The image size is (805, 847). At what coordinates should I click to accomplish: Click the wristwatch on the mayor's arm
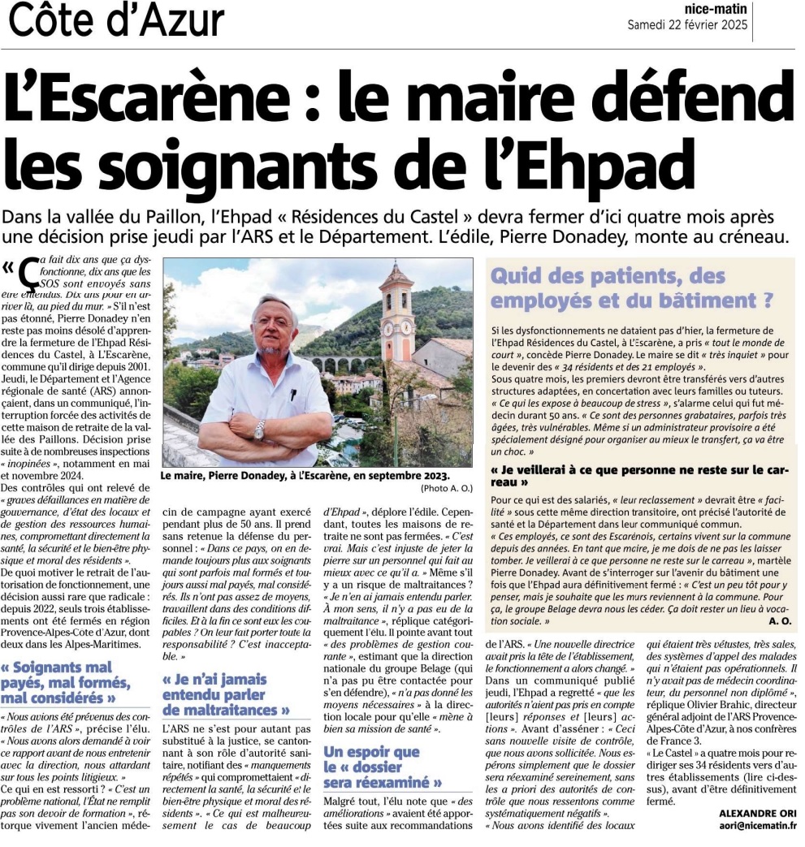click(259, 430)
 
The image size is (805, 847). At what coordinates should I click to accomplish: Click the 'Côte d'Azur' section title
click(116, 20)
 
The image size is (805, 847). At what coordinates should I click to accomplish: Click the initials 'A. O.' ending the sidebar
click(778, 620)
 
